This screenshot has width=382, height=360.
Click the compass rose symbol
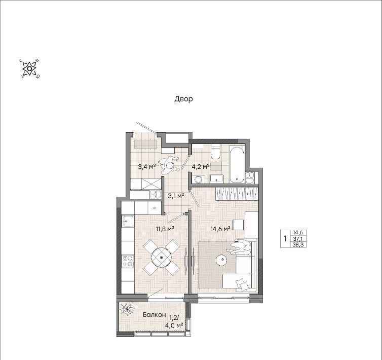coord(29,68)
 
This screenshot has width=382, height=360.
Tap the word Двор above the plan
coord(184,99)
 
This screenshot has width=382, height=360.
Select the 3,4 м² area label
coord(146,167)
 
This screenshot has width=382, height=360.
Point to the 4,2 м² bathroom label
coord(201,167)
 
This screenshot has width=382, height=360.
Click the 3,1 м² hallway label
coord(176,195)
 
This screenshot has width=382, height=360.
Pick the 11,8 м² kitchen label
coord(165,229)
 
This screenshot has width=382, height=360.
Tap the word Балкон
coord(155,315)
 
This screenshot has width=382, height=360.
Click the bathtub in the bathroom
coord(237,165)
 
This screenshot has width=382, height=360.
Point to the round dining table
coord(162,257)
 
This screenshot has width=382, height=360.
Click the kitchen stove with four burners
coord(128,261)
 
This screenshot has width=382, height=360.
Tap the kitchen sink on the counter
coord(128,221)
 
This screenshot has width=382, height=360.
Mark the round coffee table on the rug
coord(222,260)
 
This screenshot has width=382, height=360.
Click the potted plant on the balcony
coord(127,309)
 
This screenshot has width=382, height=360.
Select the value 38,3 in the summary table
coord(298,244)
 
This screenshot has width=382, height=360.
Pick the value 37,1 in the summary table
coord(298,238)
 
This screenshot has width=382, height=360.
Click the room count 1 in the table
coord(285,238)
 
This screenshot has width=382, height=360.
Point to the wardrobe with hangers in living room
coord(236,194)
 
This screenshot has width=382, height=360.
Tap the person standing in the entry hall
coord(170,165)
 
